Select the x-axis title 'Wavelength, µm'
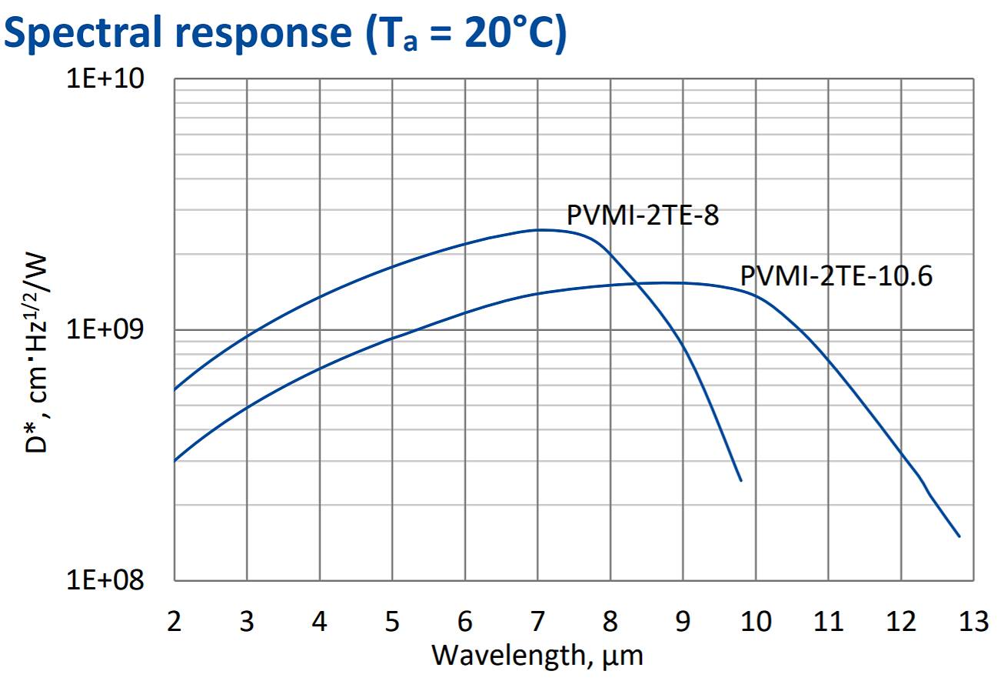click(537, 656)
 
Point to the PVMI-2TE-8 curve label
click(643, 215)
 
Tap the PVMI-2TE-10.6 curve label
click(836, 275)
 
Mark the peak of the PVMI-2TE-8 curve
click(540, 229)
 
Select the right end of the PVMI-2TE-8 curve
click(741, 481)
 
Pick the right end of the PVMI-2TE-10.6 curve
click(959, 536)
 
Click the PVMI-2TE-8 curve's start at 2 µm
click(175, 389)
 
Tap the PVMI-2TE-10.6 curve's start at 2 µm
click(175, 461)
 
